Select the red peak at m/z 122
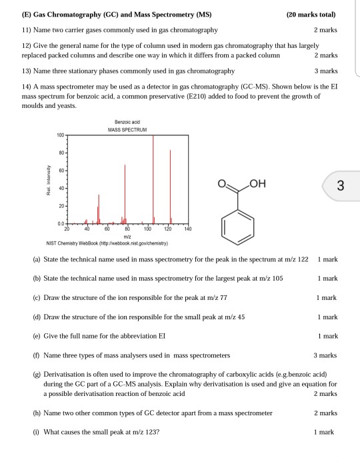tap(171, 190)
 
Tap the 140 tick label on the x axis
tap(187, 228)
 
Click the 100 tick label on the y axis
tap(60, 135)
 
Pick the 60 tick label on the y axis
tap(61, 171)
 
